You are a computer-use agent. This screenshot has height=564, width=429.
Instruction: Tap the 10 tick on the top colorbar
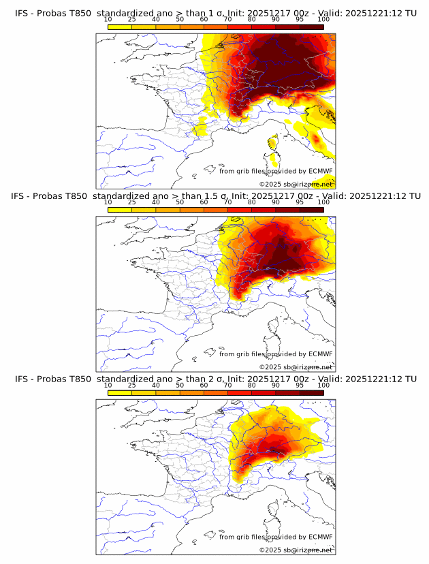(x=108, y=20)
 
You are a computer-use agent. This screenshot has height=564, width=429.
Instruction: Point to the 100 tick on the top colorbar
(x=323, y=20)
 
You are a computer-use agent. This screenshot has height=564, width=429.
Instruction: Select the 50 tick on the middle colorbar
(x=180, y=203)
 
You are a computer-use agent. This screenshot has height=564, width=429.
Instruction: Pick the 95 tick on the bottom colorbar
(x=300, y=386)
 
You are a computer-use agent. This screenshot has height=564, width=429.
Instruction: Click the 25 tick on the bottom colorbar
(x=131, y=386)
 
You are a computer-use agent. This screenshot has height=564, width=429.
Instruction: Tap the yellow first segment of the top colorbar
(x=119, y=27)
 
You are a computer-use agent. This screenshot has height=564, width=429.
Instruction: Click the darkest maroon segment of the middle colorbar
(x=311, y=210)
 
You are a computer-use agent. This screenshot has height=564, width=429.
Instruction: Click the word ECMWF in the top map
(x=321, y=171)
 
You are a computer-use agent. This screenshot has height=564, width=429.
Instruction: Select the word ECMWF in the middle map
(x=321, y=354)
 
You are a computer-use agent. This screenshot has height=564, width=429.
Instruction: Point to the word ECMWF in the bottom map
(x=321, y=537)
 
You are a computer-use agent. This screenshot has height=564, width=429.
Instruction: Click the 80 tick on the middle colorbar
(x=252, y=203)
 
